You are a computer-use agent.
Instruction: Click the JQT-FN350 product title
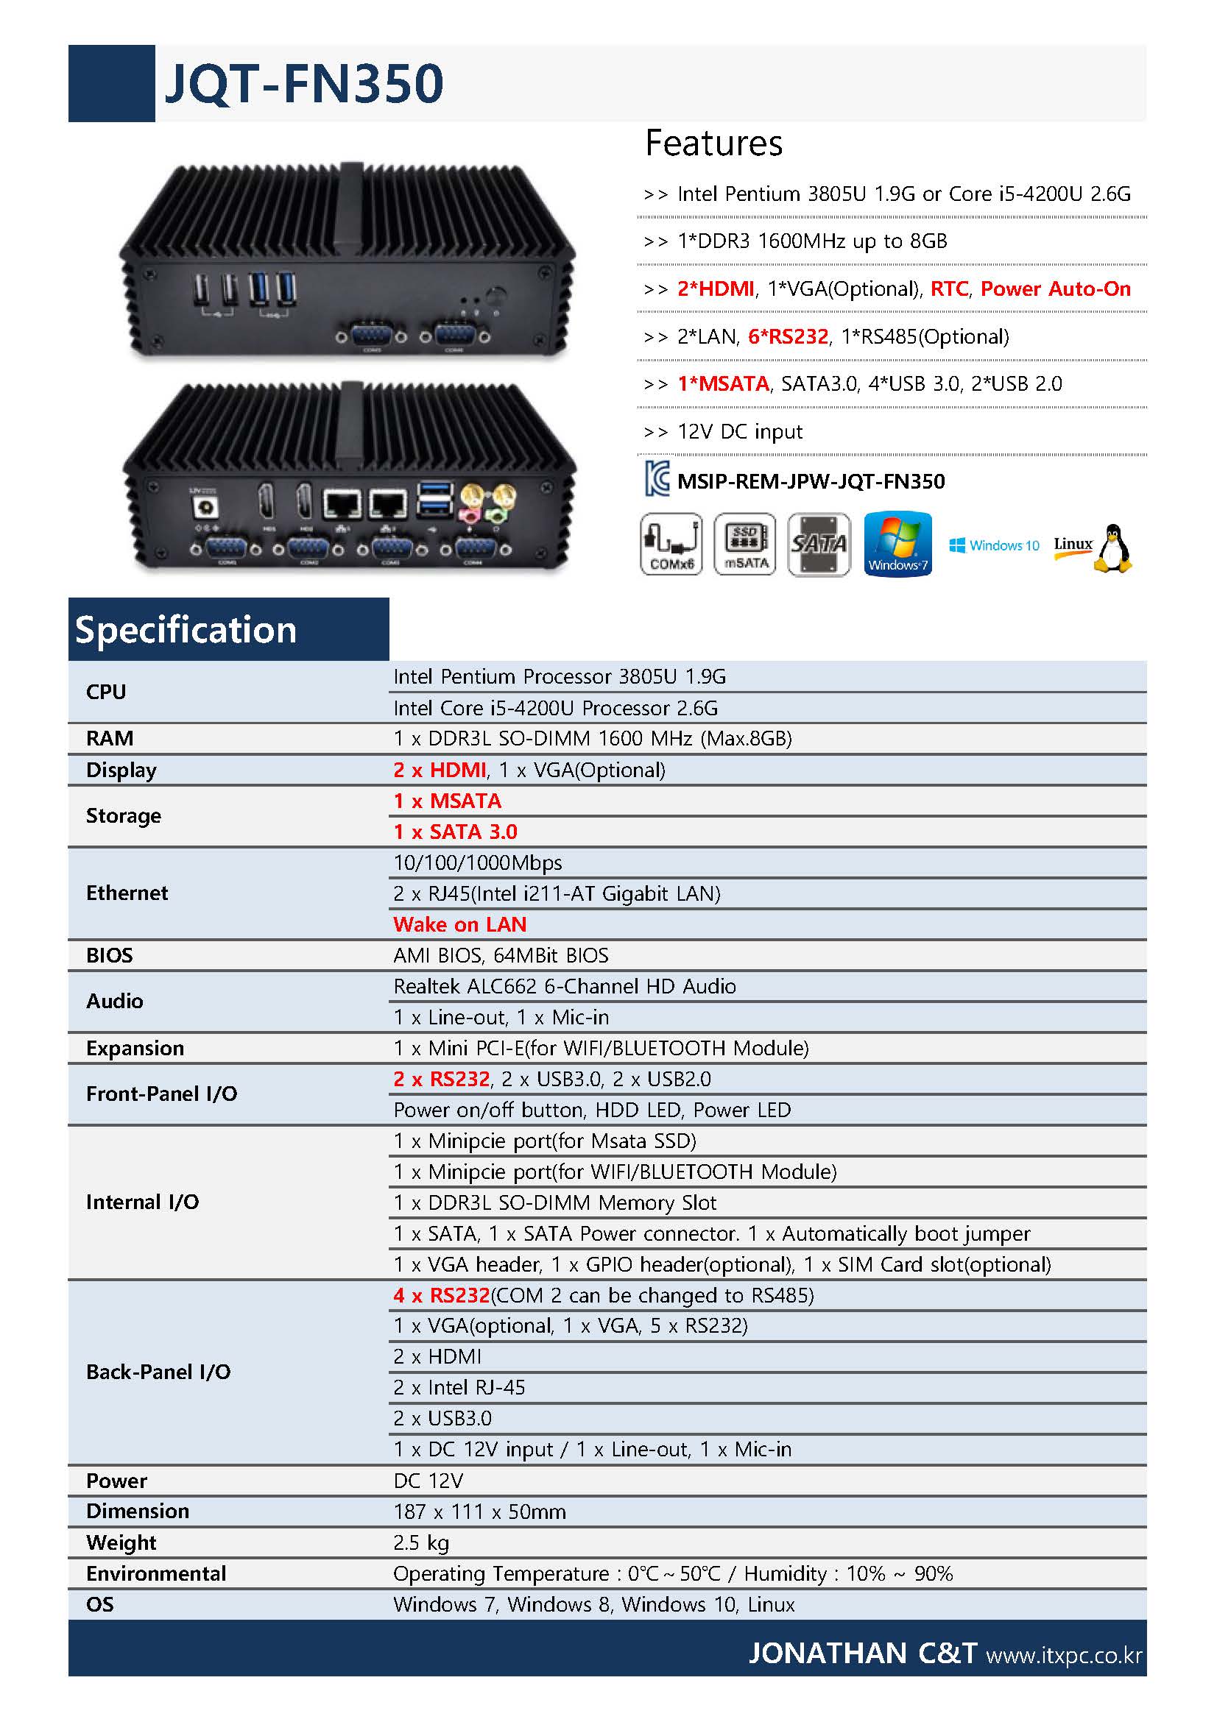303,83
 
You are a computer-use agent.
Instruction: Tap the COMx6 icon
671,545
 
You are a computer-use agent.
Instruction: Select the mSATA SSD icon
744,545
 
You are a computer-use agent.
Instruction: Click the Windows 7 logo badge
897,545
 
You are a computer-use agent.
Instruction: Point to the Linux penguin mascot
1112,548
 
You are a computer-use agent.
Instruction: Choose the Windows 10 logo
994,545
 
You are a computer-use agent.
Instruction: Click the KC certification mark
657,478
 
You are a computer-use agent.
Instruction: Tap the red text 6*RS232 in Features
788,337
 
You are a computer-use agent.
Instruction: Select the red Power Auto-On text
1055,288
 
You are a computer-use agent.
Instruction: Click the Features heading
713,143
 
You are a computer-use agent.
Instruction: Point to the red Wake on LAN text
460,924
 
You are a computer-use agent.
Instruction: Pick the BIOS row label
110,954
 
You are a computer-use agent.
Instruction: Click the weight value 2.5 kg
421,1542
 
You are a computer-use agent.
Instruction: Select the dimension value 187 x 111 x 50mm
479,1512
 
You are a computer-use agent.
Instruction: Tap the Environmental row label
156,1573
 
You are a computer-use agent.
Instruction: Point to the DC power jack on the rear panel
205,508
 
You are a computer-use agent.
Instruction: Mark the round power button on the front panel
495,295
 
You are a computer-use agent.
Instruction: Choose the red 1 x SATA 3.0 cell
456,832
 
